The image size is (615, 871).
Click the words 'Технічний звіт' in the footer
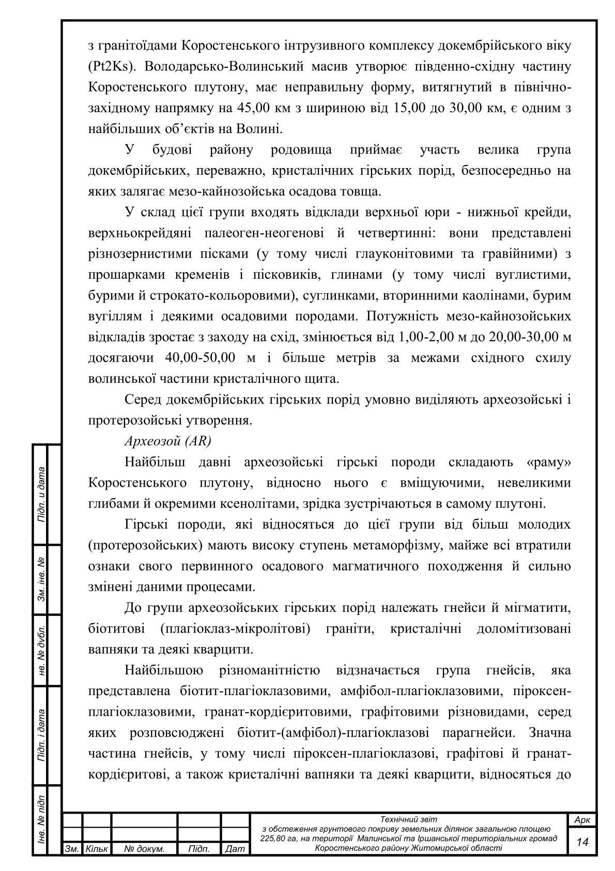408,819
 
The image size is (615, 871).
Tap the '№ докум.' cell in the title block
145,849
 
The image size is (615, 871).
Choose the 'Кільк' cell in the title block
97,849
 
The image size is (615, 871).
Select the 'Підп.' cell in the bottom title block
199,849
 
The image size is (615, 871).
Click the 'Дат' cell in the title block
235,849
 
